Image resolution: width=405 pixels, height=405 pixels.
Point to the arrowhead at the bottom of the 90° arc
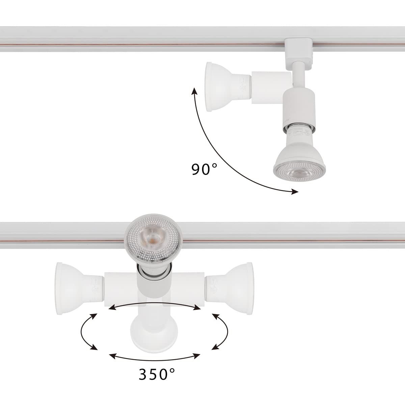295,192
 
